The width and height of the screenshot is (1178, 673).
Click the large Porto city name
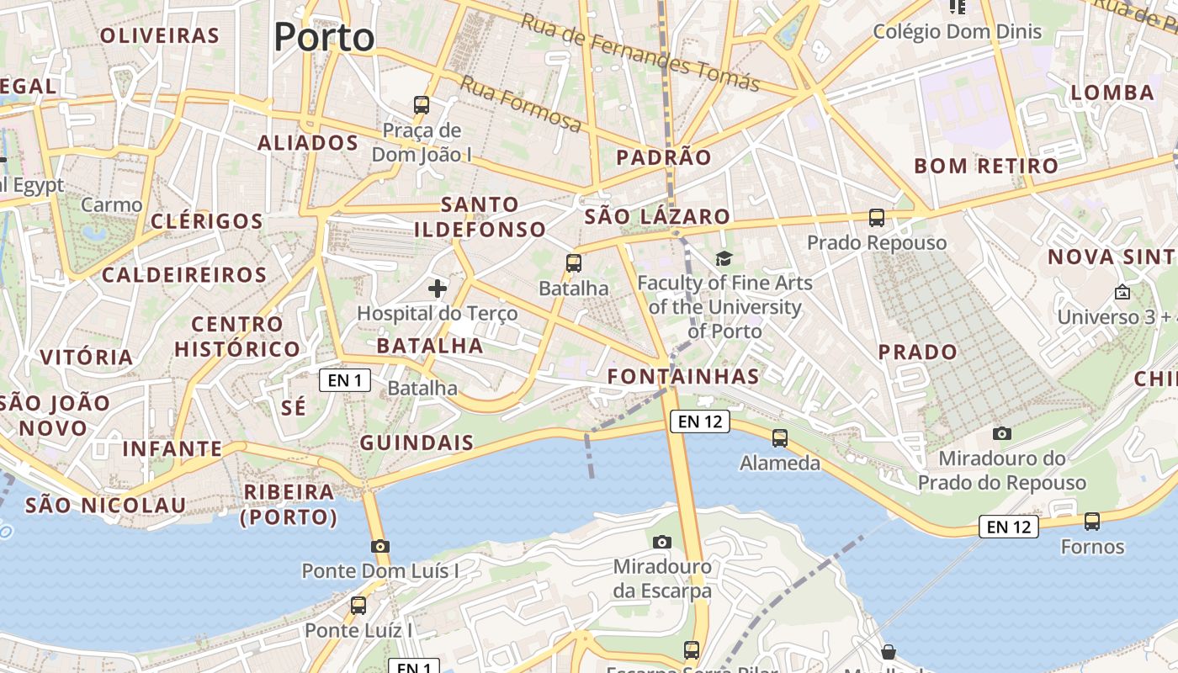pyautogui.click(x=324, y=37)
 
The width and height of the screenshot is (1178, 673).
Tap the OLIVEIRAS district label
pyautogui.click(x=159, y=35)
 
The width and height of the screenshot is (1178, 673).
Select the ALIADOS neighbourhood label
pyautogui.click(x=308, y=143)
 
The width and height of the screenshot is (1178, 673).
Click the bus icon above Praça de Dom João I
pyautogui.click(x=422, y=105)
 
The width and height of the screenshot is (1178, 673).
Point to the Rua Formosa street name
pyautogui.click(x=521, y=104)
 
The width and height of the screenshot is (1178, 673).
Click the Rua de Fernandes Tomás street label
pyautogui.click(x=639, y=52)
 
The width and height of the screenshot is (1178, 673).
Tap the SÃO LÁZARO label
pyautogui.click(x=657, y=216)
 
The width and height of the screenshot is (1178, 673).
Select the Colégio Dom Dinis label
pyautogui.click(x=957, y=32)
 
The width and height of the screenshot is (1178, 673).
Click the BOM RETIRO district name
pyautogui.click(x=985, y=166)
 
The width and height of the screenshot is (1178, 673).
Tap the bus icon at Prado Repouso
pyautogui.click(x=877, y=218)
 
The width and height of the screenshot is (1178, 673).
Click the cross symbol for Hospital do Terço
pyautogui.click(x=438, y=289)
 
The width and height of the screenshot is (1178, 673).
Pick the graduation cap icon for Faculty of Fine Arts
pyautogui.click(x=724, y=258)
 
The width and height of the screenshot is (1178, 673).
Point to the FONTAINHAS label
pyautogui.click(x=683, y=376)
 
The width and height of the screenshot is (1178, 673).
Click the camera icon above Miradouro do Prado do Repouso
pyautogui.click(x=1001, y=433)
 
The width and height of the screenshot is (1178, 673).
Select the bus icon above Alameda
pyautogui.click(x=780, y=437)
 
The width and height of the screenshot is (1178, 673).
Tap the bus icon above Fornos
pyautogui.click(x=1092, y=522)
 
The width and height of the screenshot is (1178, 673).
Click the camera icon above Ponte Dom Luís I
pyautogui.click(x=380, y=546)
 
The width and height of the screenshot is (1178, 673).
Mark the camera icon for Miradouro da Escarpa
pyautogui.click(x=662, y=542)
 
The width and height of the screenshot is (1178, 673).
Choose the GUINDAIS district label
pyautogui.click(x=417, y=442)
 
